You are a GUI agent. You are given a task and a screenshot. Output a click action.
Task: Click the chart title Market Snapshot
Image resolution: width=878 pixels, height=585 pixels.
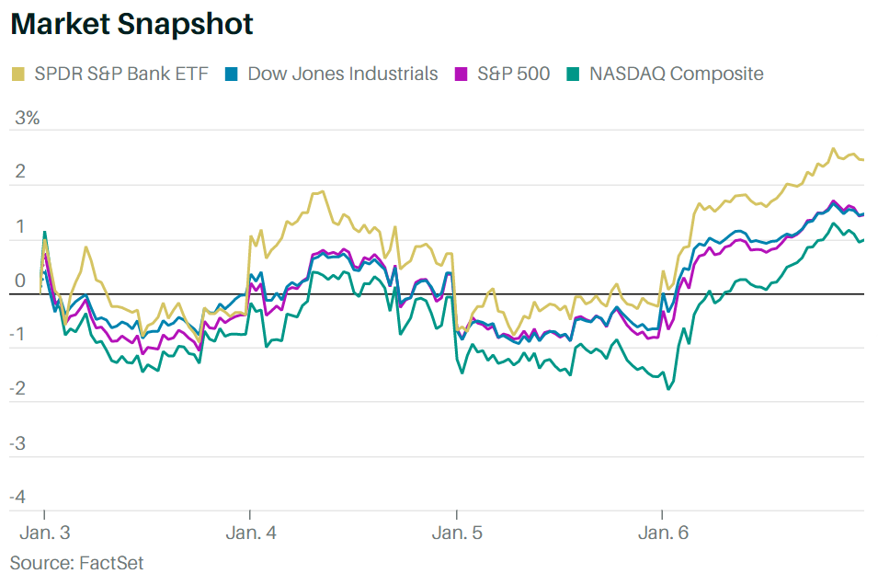pyautogui.click(x=131, y=26)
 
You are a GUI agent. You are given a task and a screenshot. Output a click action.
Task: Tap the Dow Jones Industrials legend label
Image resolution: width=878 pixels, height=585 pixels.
pyautogui.click(x=342, y=74)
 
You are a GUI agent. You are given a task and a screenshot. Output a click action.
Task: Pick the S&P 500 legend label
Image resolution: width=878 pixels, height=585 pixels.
pyautogui.click(x=513, y=74)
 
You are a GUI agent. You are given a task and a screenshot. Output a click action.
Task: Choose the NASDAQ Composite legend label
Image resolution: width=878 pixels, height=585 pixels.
pyautogui.click(x=677, y=74)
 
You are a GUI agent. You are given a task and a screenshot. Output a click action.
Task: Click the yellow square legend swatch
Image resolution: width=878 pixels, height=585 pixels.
pyautogui.click(x=18, y=74)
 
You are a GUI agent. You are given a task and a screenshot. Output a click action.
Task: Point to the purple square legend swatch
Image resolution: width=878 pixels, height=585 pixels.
pyautogui.click(x=464, y=74)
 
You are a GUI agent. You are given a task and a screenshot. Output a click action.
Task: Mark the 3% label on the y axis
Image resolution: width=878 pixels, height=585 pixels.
pyautogui.click(x=27, y=119)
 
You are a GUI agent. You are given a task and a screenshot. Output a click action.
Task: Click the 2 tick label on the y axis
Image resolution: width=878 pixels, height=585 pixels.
pyautogui.click(x=19, y=173)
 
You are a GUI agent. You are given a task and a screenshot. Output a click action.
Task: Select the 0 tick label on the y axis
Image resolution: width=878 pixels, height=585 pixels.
pyautogui.click(x=19, y=281)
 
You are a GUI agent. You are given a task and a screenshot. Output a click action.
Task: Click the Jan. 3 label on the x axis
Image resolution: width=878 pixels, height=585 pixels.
pyautogui.click(x=45, y=533)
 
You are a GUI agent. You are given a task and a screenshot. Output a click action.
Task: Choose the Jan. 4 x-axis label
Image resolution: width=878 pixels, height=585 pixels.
pyautogui.click(x=251, y=533)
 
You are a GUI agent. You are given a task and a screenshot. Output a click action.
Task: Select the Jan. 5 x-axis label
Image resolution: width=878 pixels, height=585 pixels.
pyautogui.click(x=457, y=533)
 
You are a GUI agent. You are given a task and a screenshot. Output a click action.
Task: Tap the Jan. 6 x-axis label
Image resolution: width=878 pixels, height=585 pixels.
pyautogui.click(x=663, y=533)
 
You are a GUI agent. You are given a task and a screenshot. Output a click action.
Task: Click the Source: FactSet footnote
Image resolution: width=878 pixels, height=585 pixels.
pyautogui.click(x=76, y=562)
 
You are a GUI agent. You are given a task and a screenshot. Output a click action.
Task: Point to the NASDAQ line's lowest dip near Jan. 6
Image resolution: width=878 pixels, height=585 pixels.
pyautogui.click(x=668, y=389)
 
